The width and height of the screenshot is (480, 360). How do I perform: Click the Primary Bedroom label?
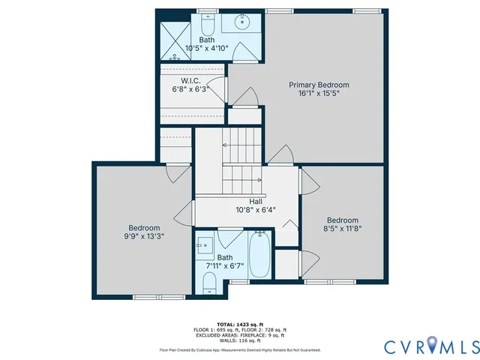(319, 85)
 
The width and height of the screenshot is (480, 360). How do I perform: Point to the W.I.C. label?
(190, 80)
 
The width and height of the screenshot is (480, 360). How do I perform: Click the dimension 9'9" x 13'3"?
(143, 236)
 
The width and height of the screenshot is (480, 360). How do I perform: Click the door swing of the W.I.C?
(216, 88)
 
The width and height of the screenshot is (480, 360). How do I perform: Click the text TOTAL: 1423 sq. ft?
(240, 324)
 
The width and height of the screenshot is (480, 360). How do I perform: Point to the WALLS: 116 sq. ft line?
(240, 340)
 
